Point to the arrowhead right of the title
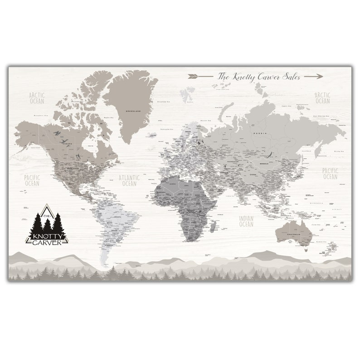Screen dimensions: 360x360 319,76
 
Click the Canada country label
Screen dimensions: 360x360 67,145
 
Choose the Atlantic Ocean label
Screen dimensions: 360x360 129,181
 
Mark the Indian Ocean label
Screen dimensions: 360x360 246,221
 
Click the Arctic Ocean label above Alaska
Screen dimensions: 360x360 37,98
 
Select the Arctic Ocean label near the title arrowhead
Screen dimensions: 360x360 322,98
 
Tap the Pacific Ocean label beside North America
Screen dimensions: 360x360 32,180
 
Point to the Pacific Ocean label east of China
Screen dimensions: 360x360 330,174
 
